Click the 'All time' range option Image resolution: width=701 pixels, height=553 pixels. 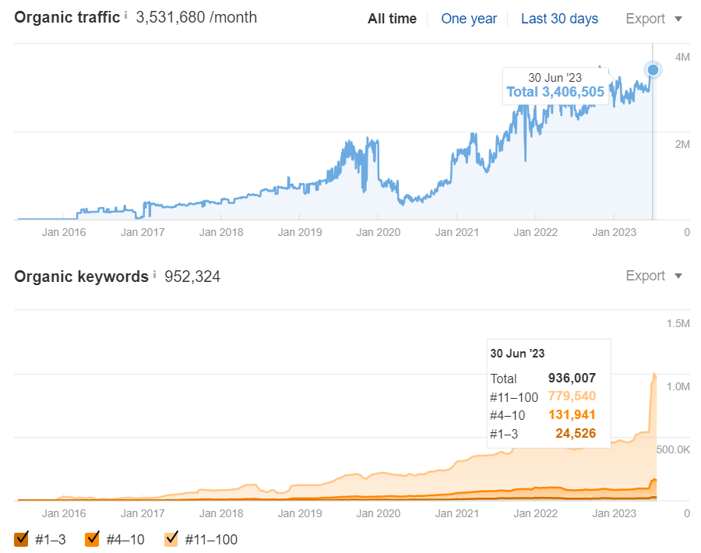point(392,19)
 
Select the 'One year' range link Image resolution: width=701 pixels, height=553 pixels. point(469,19)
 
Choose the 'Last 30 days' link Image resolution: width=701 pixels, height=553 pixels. point(559,19)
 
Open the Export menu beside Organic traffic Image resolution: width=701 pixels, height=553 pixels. point(653,19)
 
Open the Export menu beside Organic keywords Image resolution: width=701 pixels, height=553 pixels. point(653,276)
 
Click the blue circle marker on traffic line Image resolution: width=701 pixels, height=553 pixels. point(653,70)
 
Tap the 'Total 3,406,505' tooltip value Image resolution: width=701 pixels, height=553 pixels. point(555,92)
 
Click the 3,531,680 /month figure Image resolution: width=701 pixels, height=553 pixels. point(196,17)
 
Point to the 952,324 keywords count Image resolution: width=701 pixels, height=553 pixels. point(192,276)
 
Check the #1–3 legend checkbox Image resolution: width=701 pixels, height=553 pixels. point(21,539)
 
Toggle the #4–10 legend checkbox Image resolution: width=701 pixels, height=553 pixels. point(92,539)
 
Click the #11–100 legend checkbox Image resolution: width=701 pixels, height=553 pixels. point(172,539)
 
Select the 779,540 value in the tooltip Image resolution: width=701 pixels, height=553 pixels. point(572,396)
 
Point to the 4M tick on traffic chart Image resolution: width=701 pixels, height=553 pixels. point(682,57)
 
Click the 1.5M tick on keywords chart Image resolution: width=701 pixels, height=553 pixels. point(677,323)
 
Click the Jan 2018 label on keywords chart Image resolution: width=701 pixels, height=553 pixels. point(221,513)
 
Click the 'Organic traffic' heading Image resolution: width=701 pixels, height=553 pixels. point(66,17)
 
